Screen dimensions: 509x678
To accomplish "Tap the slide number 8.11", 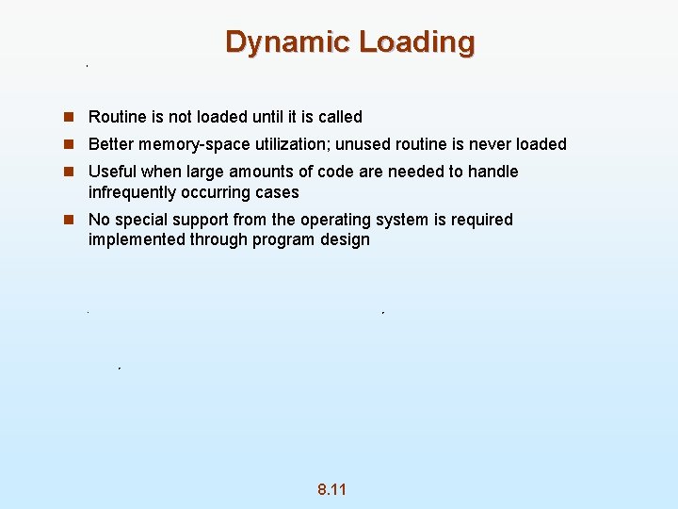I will click(331, 489).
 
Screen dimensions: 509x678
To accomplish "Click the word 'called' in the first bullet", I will click(339, 117).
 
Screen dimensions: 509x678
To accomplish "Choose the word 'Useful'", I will click(111, 172).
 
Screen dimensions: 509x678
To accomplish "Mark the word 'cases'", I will click(278, 192).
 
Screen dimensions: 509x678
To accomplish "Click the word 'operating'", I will click(335, 220).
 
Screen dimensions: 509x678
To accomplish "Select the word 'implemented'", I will click(137, 239).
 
